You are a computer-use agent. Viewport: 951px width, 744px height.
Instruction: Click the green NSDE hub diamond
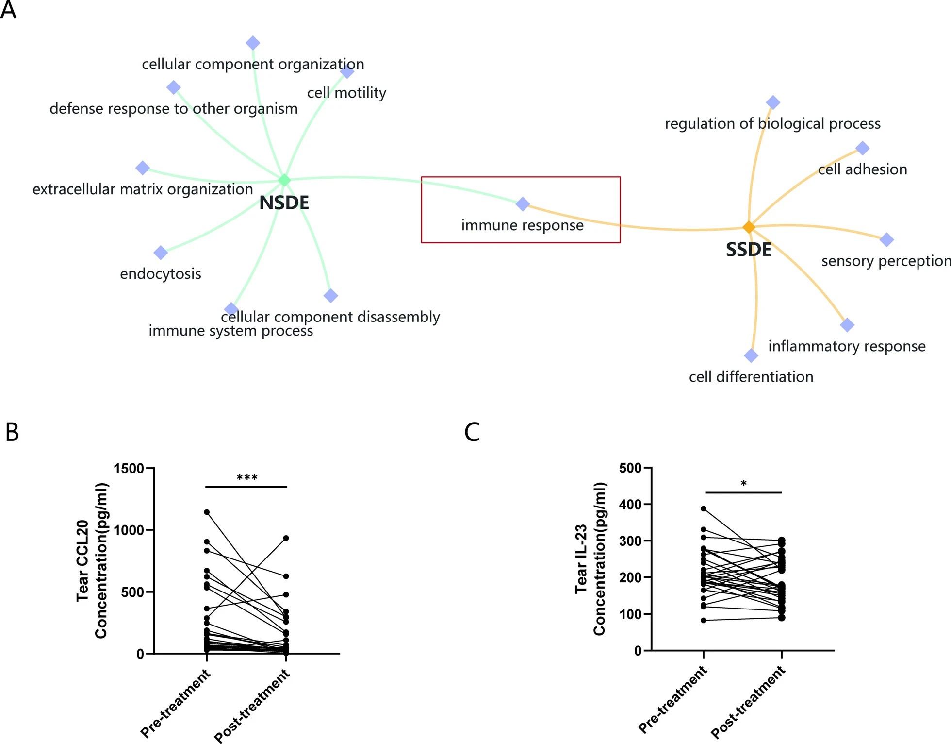click(284, 180)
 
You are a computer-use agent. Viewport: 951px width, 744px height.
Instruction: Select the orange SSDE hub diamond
click(749, 227)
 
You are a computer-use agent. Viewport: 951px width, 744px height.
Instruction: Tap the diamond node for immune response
click(523, 204)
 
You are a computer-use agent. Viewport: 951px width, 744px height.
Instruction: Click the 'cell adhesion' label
click(862, 169)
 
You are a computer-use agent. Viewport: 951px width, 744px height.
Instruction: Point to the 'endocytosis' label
click(161, 274)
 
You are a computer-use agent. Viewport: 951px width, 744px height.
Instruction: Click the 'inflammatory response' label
click(847, 346)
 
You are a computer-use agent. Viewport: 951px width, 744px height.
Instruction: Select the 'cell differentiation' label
click(751, 377)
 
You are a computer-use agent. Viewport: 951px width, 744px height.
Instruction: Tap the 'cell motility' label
click(346, 93)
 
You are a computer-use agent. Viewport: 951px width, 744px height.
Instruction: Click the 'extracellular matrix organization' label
click(143, 189)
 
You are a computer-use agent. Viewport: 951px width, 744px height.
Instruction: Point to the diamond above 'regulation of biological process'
click(773, 102)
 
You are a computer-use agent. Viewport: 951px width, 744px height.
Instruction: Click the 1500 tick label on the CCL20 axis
click(129, 469)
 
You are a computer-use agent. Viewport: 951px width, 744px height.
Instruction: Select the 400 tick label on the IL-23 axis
click(630, 505)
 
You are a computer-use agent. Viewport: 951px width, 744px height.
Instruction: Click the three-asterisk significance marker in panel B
click(247, 478)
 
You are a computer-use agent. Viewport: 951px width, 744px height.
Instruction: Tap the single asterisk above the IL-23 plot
click(744, 484)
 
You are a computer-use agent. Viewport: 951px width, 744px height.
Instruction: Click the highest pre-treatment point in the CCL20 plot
click(207, 512)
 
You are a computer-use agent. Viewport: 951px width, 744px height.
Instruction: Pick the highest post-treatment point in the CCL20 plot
click(286, 538)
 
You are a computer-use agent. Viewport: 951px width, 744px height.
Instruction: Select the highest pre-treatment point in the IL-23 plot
click(704, 508)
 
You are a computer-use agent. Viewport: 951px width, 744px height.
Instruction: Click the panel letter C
click(472, 432)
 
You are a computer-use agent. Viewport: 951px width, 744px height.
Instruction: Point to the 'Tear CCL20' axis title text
click(83, 561)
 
